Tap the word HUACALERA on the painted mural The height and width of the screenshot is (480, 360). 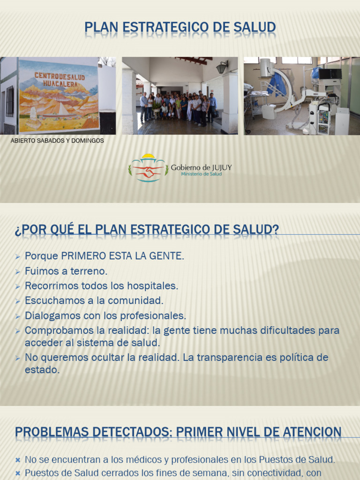click(x=60, y=83)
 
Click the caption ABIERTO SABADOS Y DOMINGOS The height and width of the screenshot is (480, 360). click(x=57, y=141)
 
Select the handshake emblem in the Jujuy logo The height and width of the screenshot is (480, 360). click(x=149, y=172)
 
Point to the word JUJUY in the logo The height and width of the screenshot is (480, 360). click(x=222, y=168)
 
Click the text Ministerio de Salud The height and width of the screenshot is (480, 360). click(x=202, y=174)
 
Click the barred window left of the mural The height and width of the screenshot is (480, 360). click(x=10, y=101)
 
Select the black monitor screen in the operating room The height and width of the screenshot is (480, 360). click(x=330, y=74)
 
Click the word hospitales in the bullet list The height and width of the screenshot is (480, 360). click(x=152, y=286)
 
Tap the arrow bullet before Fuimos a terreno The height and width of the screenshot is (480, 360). click(x=18, y=272)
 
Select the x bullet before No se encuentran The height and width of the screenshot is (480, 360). click(x=18, y=460)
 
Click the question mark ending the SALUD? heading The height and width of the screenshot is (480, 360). click(x=275, y=229)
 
